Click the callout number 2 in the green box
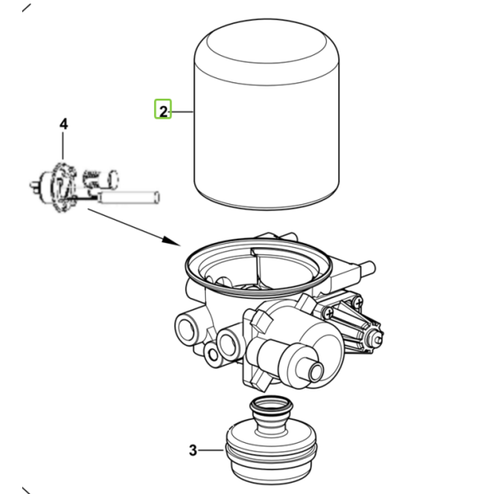coord(163,111)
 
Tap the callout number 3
coord(193,450)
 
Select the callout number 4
coord(63,124)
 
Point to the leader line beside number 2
coord(181,112)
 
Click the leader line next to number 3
coord(211,450)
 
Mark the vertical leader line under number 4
coord(63,146)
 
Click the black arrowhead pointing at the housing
coord(172,241)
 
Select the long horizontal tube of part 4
coord(128,198)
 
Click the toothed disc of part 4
coord(63,187)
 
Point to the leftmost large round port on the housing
coord(186,329)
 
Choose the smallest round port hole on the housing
coord(213,355)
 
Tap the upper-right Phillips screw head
coord(358,303)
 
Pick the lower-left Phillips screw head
coord(329,313)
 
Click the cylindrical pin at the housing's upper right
coord(366,268)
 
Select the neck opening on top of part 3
coord(271,404)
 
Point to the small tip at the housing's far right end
coord(378,338)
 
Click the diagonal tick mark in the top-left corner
coord(26,8)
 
